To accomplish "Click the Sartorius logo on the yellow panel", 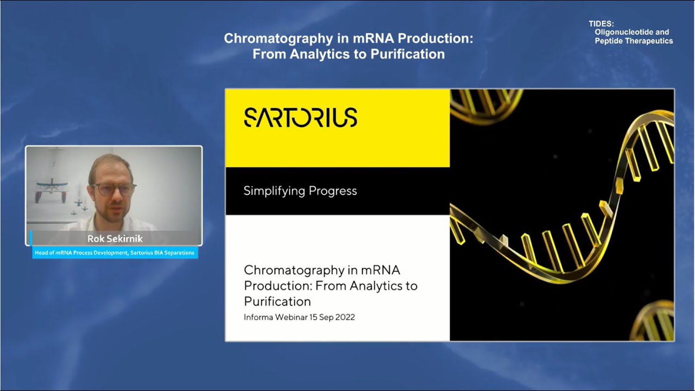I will [300, 117].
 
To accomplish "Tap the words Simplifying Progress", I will [300, 191].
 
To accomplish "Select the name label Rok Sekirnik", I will [115, 238].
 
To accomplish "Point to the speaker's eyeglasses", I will [113, 189].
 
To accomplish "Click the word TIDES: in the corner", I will [601, 24].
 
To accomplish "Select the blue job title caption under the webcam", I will [115, 253].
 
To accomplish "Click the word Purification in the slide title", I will [277, 301].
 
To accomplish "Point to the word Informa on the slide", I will [260, 317].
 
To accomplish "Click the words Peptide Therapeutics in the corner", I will [633, 41].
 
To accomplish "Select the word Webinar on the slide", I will [293, 317].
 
